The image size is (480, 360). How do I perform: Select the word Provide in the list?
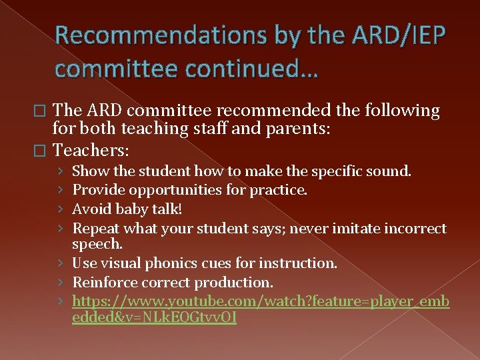[98, 190]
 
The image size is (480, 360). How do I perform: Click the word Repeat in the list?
[94, 228]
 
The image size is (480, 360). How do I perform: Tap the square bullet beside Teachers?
[45, 150]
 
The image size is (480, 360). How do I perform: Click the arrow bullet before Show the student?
[62, 172]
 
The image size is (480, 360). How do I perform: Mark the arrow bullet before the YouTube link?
[62, 301]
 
